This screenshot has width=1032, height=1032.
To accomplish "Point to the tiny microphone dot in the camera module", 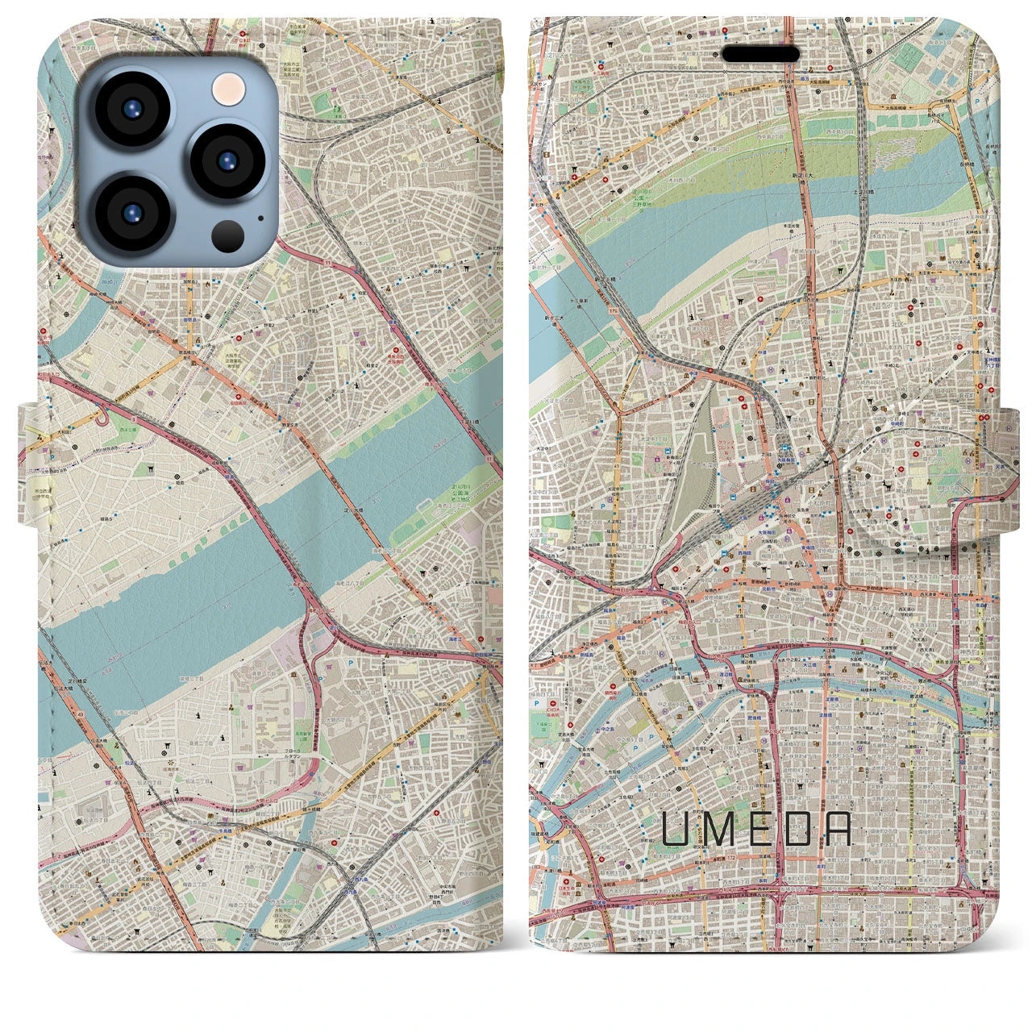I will pos(260,216).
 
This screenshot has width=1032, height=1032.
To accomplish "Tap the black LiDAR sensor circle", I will pos(229,235).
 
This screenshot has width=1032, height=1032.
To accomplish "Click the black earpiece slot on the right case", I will pos(760,53).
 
